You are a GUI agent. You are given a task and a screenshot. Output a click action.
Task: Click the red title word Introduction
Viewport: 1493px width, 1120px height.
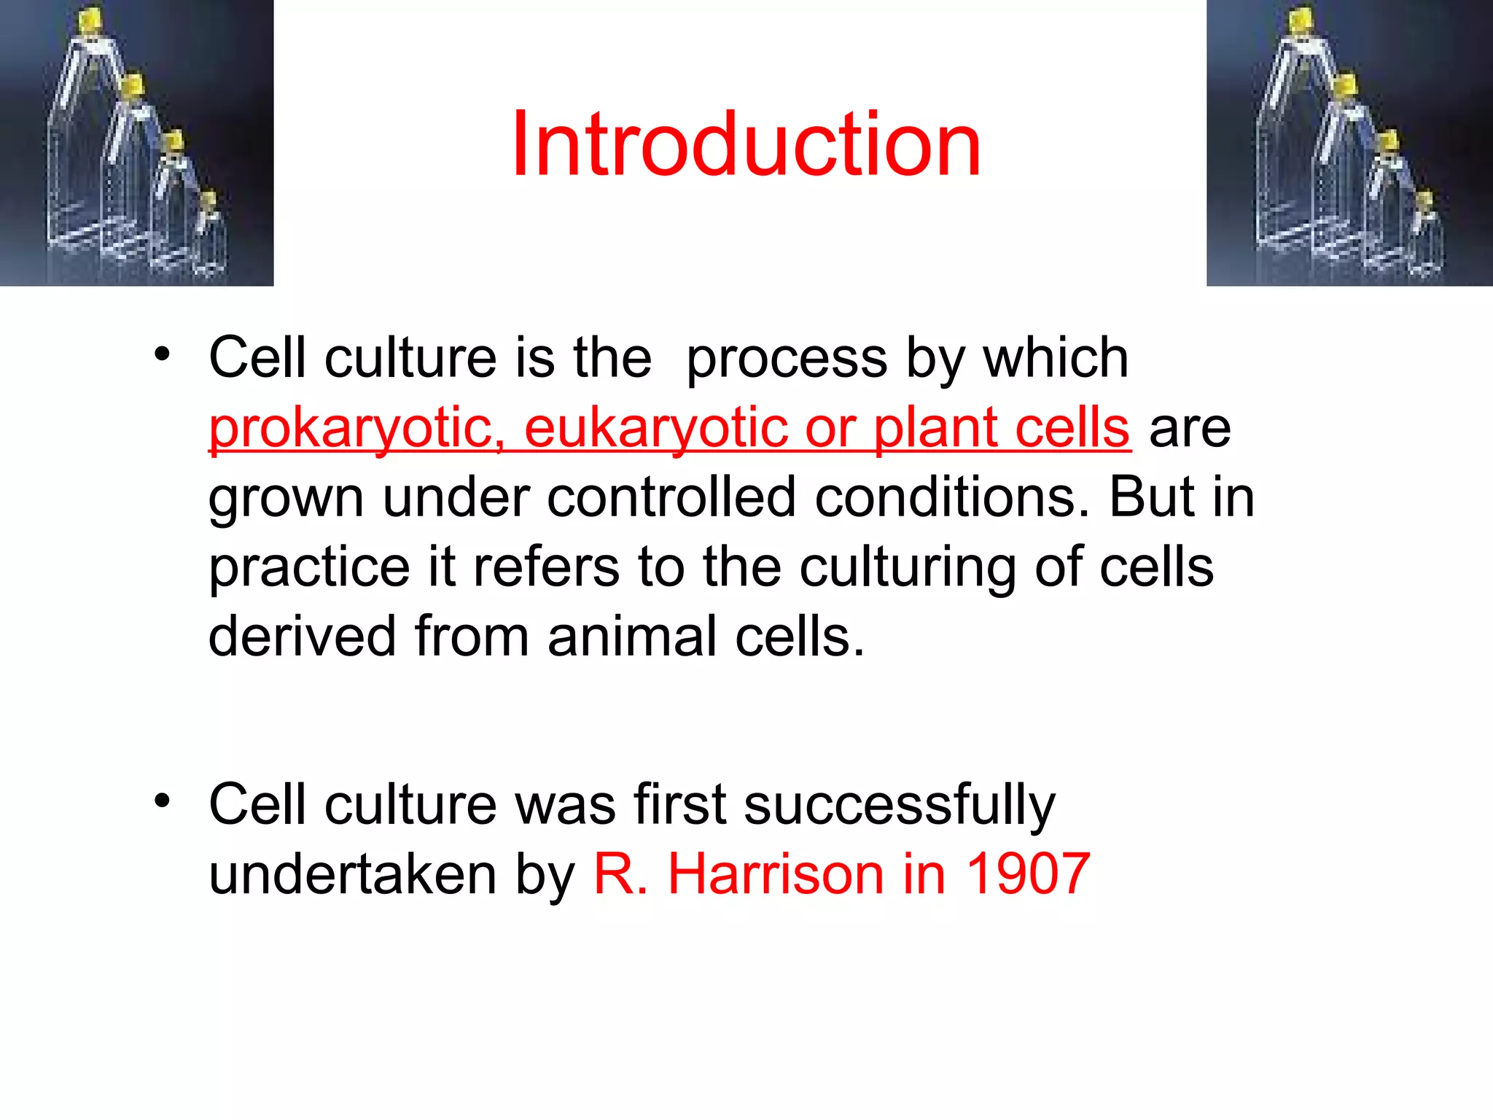tap(745, 144)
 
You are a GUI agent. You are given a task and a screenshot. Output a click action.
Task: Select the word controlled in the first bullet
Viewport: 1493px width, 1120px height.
tap(671, 497)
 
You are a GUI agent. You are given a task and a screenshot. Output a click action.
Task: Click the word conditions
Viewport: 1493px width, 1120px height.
tap(952, 497)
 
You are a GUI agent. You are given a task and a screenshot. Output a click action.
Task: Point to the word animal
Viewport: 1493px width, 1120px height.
tap(632, 637)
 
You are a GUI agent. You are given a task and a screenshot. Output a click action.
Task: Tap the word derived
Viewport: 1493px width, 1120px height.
tap(302, 637)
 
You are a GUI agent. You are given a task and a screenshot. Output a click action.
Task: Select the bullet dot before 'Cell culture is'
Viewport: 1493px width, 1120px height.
tap(162, 354)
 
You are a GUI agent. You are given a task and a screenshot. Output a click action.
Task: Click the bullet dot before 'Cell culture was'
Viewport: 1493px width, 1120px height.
tap(162, 801)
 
